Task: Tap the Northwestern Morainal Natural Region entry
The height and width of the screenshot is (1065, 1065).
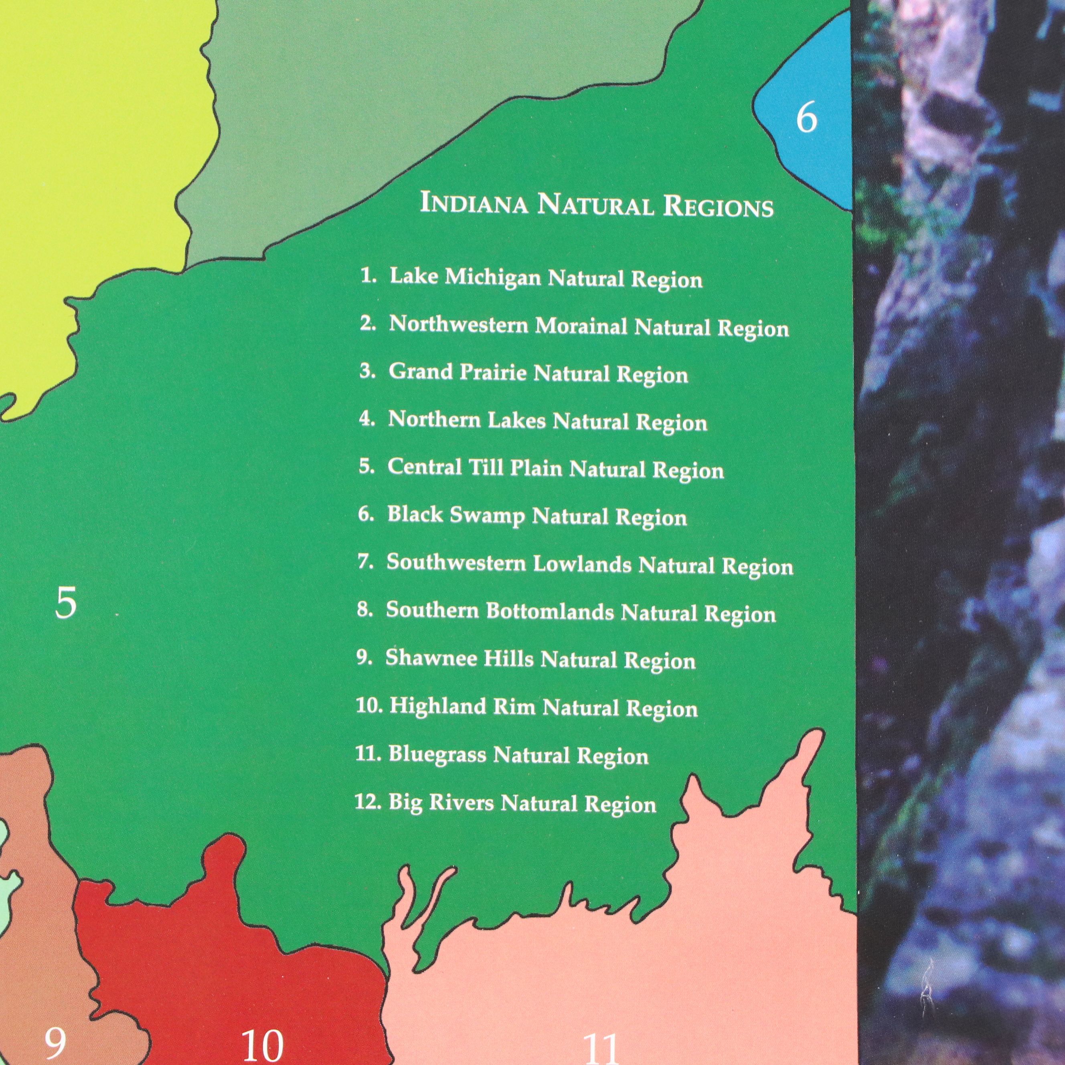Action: tap(574, 326)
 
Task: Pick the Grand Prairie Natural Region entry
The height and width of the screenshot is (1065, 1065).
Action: tap(524, 374)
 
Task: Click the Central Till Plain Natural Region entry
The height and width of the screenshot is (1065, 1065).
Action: tap(541, 469)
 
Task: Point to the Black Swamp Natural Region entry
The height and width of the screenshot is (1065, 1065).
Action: tap(522, 516)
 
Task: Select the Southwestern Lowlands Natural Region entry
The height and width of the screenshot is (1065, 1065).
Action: tap(575, 565)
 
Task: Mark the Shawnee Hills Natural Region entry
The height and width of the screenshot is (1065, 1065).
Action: tap(526, 660)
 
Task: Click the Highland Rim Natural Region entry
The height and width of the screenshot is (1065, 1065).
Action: tap(527, 708)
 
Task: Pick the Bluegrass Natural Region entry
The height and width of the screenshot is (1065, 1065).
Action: tap(502, 755)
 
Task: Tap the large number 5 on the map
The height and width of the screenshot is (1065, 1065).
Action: tap(66, 603)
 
